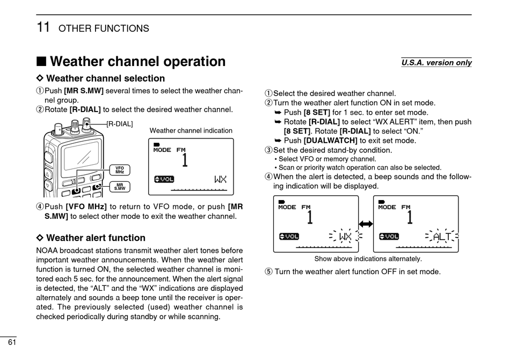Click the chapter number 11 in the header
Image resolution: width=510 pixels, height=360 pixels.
[x=43, y=27]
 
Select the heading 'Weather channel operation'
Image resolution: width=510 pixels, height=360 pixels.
[x=137, y=62]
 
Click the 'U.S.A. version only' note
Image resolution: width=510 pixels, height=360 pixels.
[x=436, y=63]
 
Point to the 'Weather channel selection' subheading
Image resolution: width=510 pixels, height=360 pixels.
[x=106, y=78]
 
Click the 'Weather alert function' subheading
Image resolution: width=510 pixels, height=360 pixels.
[x=96, y=238]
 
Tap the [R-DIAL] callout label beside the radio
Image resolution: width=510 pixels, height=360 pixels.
[x=119, y=124]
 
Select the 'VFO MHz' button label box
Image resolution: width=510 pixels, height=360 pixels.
[x=120, y=170]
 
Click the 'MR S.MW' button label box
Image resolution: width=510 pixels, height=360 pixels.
[x=120, y=187]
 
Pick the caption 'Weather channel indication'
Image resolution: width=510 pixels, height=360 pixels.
[x=191, y=130]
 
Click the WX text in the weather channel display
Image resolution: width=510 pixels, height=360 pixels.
[x=220, y=179]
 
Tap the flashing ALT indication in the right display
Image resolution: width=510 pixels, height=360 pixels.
[x=442, y=237]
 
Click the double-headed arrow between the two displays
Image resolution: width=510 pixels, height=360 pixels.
[x=366, y=224]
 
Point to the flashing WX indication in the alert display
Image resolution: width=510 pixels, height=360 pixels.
[x=345, y=237]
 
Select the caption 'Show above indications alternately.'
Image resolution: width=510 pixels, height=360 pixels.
[x=368, y=259]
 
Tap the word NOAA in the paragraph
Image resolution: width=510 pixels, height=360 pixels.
[x=47, y=251]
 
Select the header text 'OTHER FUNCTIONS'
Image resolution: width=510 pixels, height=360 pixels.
[x=104, y=28]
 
